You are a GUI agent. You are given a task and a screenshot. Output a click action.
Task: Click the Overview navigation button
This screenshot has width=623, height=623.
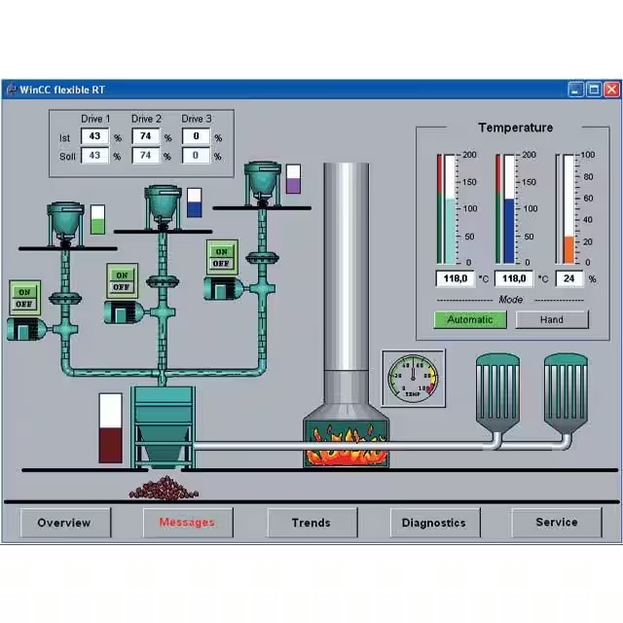tap(64, 523)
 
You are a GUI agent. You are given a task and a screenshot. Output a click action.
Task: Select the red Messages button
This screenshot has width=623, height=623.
tap(187, 523)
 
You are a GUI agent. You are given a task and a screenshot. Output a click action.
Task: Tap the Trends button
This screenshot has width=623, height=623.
tap(311, 523)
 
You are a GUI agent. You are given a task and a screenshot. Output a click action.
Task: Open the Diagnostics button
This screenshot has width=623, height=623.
tap(433, 523)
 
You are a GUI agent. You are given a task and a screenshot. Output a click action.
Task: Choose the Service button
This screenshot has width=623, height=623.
tap(557, 523)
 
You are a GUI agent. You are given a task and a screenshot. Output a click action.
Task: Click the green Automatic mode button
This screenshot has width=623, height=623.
tap(470, 319)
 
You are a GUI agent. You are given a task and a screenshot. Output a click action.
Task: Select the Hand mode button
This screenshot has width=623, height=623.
tap(551, 319)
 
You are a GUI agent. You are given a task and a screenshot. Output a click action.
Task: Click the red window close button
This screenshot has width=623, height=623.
tap(611, 90)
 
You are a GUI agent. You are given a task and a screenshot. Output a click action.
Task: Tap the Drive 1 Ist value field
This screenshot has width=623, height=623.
tap(94, 137)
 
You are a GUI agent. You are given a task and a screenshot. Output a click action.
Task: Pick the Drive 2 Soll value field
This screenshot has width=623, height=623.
tap(145, 156)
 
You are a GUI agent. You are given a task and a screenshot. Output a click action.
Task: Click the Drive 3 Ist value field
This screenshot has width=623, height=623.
tap(196, 137)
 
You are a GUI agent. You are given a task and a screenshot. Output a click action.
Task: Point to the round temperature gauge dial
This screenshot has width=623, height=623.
tap(413, 378)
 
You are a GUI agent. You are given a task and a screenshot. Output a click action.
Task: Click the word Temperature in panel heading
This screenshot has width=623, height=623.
tap(515, 128)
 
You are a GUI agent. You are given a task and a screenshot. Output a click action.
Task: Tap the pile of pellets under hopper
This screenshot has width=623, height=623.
tap(164, 489)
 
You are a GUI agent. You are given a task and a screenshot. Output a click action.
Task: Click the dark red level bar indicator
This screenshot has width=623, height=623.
tap(111, 444)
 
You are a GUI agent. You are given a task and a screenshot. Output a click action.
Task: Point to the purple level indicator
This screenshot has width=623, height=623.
tap(293, 180)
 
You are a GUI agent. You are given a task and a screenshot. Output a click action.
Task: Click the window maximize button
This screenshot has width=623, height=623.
tap(594, 90)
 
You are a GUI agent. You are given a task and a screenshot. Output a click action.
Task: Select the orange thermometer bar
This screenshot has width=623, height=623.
tap(569, 249)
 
